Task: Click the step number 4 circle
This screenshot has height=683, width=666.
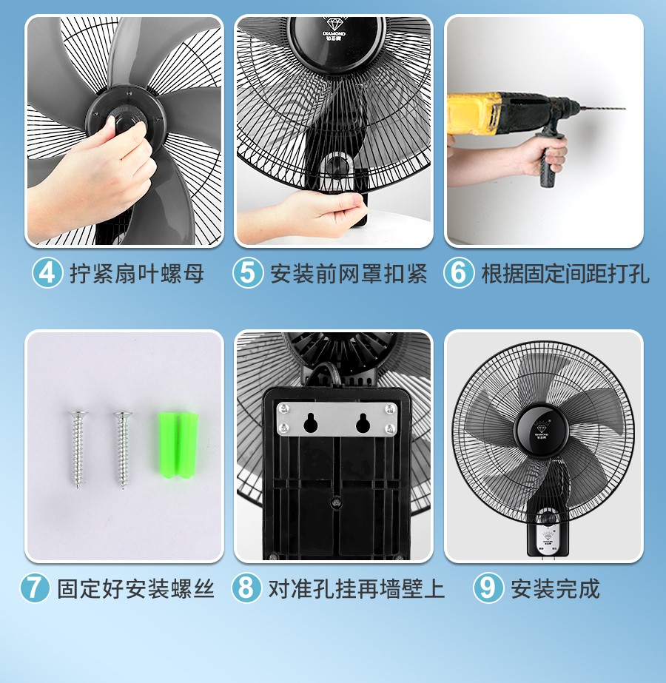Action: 47,273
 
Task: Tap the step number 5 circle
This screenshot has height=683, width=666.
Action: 248,273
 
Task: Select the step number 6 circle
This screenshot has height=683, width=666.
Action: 459,273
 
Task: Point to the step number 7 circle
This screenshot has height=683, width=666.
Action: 36,588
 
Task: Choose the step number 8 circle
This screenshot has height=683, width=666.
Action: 246,588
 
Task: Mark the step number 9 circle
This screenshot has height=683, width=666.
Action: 488,588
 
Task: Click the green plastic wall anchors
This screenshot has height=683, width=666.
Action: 178,445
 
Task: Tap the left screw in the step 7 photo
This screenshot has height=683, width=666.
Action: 78,449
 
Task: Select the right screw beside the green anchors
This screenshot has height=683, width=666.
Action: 122,450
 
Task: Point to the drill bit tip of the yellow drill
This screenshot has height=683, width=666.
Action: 625,108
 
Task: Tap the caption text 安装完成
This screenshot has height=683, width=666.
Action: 555,588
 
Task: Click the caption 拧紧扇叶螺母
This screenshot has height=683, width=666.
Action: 137,274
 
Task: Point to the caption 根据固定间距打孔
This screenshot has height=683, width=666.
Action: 565,274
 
